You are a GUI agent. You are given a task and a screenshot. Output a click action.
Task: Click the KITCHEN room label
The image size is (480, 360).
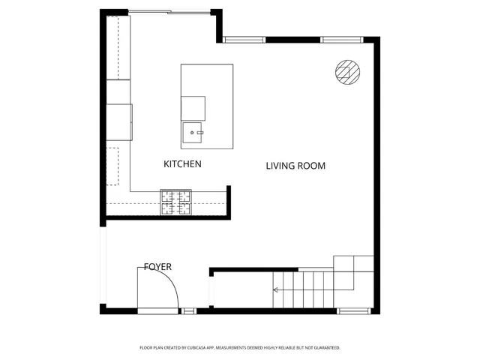click(x=182, y=163)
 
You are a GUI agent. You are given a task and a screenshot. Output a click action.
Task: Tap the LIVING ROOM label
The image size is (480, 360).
click(x=295, y=166)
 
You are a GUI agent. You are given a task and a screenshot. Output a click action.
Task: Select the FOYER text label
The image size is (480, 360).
click(x=157, y=267)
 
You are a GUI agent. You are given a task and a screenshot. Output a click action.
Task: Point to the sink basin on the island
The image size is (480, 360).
click(x=193, y=133)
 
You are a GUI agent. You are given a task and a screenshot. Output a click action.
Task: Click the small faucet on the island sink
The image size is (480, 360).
click(x=200, y=132)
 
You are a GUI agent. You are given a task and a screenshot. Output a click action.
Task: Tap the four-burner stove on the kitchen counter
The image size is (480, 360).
click(x=175, y=202)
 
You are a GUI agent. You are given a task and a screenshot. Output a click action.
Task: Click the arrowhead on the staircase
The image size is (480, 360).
click(x=275, y=289)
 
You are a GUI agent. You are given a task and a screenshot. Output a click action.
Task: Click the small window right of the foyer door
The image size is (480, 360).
click(x=188, y=310)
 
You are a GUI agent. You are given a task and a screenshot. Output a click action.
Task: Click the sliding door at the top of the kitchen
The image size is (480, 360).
click(x=169, y=11)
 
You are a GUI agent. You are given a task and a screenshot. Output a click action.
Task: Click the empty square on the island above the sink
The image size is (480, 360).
click(x=193, y=107)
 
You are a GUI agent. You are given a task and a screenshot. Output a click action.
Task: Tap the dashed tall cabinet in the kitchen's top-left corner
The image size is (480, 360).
click(x=118, y=46)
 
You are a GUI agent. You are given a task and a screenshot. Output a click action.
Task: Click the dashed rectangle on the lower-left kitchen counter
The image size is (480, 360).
click(x=112, y=166)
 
